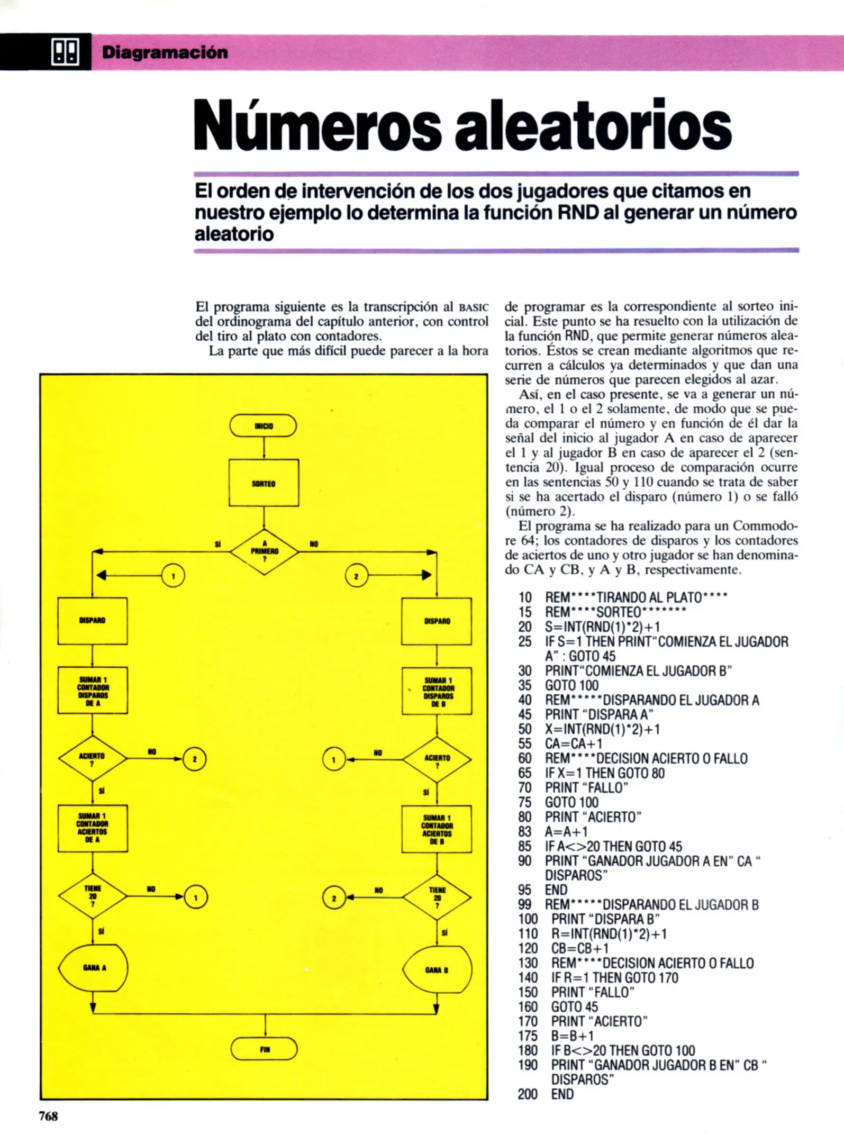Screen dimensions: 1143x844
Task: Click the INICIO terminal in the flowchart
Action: point(263,425)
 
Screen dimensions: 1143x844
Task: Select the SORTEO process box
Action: point(264,483)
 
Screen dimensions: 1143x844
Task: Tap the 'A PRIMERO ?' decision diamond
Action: point(264,551)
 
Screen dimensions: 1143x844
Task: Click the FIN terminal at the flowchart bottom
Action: point(264,1048)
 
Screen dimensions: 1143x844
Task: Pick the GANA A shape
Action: point(93,968)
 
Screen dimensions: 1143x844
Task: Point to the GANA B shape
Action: point(437,969)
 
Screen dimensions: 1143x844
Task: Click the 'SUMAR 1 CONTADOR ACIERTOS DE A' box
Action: point(93,828)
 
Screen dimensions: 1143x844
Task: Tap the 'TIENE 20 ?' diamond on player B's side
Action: point(437,897)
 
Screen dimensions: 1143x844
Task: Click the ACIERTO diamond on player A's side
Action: point(92,758)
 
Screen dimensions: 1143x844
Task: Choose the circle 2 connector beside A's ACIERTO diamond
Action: point(194,759)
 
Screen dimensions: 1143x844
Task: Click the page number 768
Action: point(48,1116)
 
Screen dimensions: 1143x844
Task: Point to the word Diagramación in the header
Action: point(165,52)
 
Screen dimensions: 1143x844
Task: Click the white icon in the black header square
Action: point(65,52)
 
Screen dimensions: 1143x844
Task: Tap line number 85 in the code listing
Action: point(524,846)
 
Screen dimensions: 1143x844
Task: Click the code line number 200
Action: point(527,1094)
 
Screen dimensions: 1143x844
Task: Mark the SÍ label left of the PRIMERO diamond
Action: point(217,544)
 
